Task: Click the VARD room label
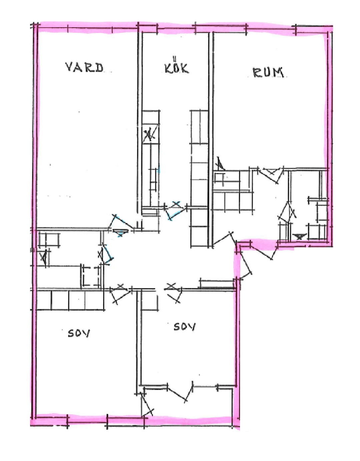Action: pyautogui.click(x=84, y=67)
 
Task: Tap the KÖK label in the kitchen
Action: pyautogui.click(x=177, y=68)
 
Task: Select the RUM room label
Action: pyautogui.click(x=268, y=73)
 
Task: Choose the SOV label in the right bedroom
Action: pyautogui.click(x=184, y=327)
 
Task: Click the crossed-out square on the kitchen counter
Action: pyautogui.click(x=151, y=134)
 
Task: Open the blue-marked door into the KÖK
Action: pyautogui.click(x=175, y=210)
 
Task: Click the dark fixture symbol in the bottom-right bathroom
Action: pyautogui.click(x=299, y=236)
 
